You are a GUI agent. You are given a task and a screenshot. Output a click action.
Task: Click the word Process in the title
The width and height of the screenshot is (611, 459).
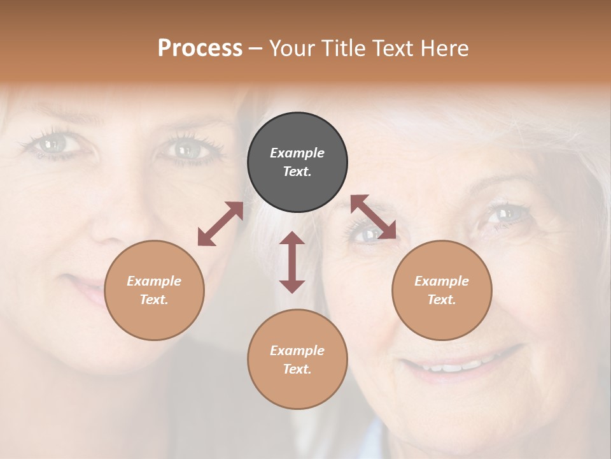coord(200,48)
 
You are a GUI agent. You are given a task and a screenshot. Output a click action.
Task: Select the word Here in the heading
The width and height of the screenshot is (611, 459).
coord(444,48)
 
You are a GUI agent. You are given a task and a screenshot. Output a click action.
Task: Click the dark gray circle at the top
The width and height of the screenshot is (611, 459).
coord(297,163)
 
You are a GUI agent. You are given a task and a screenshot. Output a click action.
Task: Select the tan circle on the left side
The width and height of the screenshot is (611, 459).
coord(154,290)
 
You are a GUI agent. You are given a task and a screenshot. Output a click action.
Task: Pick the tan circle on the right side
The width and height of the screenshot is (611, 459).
coord(442,290)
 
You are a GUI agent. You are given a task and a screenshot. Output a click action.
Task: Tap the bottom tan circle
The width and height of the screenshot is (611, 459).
coord(297,360)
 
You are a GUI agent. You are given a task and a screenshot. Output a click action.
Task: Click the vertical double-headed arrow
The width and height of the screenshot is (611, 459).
coord(292,262)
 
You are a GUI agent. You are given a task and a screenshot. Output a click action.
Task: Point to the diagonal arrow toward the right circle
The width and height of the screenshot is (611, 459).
coord(374,217)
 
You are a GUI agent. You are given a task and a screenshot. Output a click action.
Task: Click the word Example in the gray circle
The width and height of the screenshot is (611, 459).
coord(297,153)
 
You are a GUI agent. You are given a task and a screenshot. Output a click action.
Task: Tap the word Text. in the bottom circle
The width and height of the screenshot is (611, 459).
coord(297,369)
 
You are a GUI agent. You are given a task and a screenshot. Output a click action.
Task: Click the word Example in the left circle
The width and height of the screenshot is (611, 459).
coord(154,281)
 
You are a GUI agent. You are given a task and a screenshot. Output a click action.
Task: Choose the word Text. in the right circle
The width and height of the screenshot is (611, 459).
coord(442,300)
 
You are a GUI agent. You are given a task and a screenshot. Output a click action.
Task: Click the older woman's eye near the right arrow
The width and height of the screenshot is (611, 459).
coord(368,235)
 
